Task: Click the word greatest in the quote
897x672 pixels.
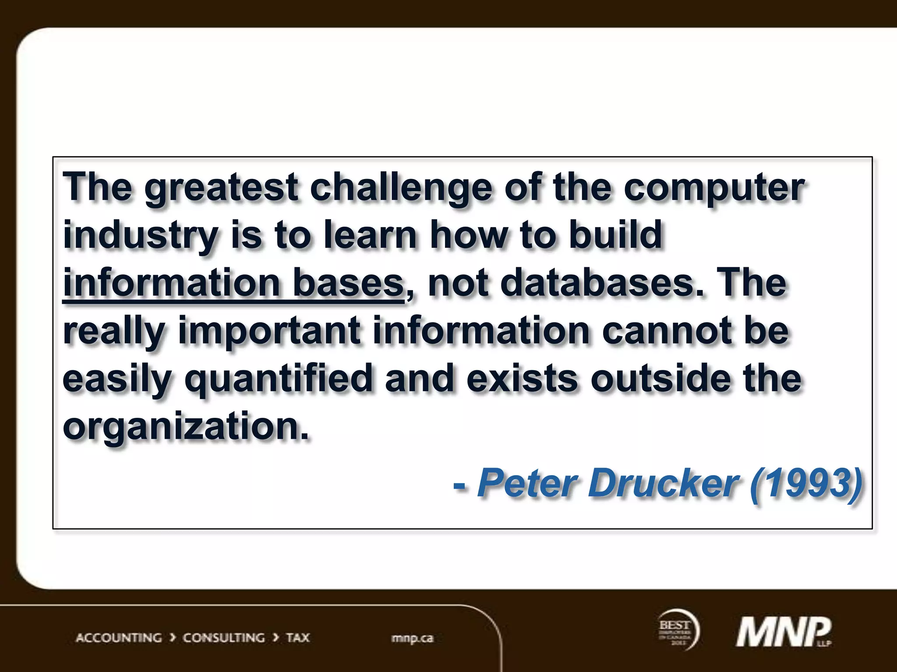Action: pos(221,188)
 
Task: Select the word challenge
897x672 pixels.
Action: pos(401,188)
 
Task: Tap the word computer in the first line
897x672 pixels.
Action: pos(713,188)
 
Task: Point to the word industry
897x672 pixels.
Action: pos(140,236)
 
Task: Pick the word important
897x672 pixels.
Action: pos(269,331)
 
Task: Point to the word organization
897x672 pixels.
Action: pos(186,427)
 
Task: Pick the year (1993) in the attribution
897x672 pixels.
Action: pos(805,483)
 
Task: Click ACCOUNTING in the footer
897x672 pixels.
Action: pos(119,638)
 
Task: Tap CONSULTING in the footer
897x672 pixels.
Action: pos(224,638)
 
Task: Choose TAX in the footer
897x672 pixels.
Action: pos(298,638)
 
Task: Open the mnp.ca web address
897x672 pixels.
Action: pos(412,638)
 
